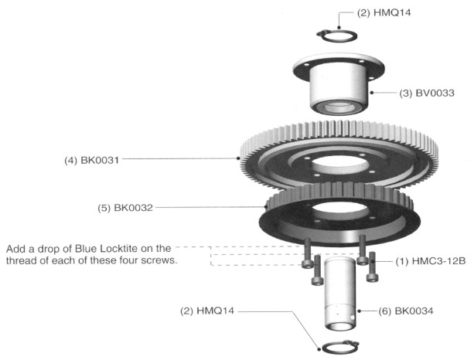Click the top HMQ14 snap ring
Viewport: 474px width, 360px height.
pos(337,39)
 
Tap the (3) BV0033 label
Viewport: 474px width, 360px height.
pos(427,93)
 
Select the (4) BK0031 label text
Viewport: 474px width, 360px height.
pos(91,160)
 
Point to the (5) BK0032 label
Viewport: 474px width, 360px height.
pos(125,208)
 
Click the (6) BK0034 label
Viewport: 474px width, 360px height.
pos(406,311)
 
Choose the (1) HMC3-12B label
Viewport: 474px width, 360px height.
pos(431,261)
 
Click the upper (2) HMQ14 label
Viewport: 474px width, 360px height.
pos(384,13)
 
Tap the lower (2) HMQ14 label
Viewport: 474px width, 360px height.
pos(207,311)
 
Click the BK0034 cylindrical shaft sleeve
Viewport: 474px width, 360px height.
pos(339,294)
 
